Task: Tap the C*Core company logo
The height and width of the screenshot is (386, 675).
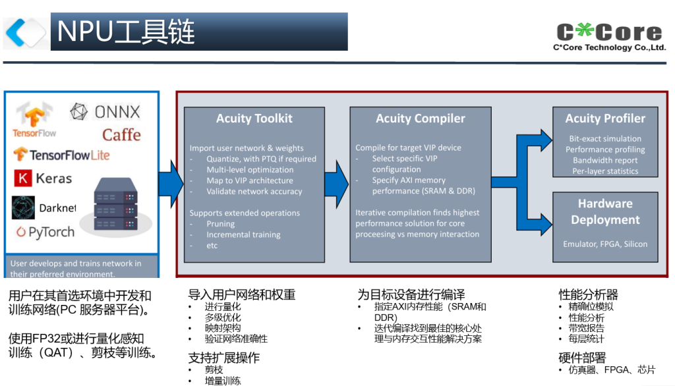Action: click(609, 36)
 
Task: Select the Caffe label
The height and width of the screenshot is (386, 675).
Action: click(121, 135)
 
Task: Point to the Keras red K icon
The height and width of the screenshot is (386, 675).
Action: click(22, 179)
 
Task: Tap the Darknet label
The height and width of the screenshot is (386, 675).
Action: click(57, 208)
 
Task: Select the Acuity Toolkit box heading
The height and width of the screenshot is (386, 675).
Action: click(254, 119)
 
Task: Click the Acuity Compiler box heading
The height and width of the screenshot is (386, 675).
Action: click(420, 119)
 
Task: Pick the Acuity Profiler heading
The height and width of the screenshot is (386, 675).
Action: click(605, 119)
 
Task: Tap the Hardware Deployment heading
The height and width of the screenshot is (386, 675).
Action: click(605, 211)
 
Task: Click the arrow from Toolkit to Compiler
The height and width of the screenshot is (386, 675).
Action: click(336, 179)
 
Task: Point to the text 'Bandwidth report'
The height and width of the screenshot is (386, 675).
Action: click(605, 160)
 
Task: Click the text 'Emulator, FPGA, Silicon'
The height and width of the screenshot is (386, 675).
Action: click(605, 244)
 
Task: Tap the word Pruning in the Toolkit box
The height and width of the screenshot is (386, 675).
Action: click(220, 224)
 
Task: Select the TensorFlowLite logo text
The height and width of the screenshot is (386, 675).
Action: click(61, 155)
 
